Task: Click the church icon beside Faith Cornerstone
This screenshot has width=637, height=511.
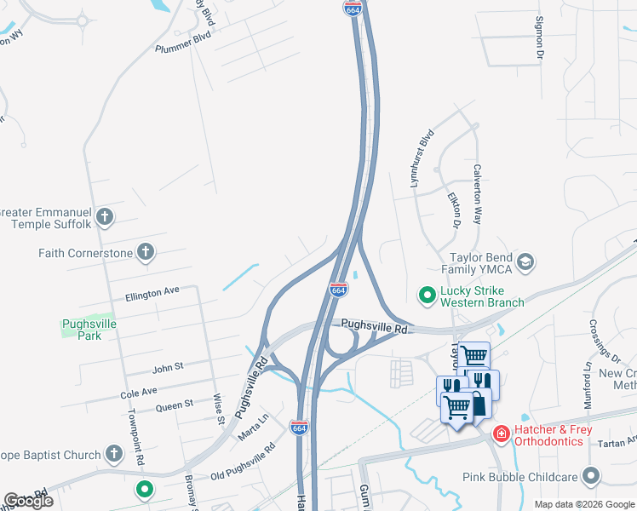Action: point(146,252)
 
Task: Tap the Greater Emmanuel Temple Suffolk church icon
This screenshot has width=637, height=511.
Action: point(105,217)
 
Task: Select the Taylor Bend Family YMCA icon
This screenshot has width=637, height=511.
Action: point(525,261)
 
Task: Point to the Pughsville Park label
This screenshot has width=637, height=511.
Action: point(89,330)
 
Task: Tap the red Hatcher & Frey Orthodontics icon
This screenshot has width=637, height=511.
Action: point(502,434)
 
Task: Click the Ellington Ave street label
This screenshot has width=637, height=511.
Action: point(152,291)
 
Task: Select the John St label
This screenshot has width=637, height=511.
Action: point(168,367)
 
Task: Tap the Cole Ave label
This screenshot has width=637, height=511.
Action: point(139,393)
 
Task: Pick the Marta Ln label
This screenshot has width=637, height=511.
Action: point(253,421)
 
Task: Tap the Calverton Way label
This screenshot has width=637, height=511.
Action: point(478,193)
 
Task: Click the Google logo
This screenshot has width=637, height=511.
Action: point(28,501)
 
